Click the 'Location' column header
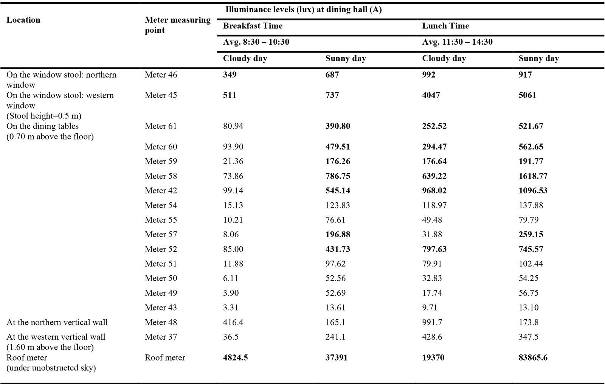(x=23, y=20)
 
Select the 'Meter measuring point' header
(x=178, y=25)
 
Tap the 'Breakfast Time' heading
(x=253, y=26)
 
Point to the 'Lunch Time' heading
(x=446, y=26)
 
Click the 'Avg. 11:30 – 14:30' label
(x=458, y=42)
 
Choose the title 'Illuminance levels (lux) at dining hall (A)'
(x=304, y=9)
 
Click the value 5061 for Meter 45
(x=527, y=95)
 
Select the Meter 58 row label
(x=161, y=176)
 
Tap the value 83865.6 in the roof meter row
(x=533, y=357)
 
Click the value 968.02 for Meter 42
(x=434, y=191)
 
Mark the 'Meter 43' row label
(x=161, y=308)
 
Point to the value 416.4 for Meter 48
(x=233, y=322)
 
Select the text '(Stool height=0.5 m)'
(x=44, y=116)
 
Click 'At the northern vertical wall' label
(x=57, y=322)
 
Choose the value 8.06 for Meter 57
(x=231, y=234)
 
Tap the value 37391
(x=337, y=357)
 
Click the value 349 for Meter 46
(x=230, y=75)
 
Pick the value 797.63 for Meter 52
(x=434, y=249)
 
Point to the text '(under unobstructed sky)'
(x=51, y=368)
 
